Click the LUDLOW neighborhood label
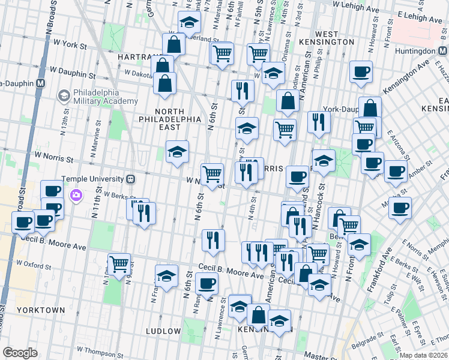pyautogui.click(x=163, y=331)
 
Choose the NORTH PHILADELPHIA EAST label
pyautogui.click(x=177, y=119)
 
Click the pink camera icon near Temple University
pyautogui.click(x=77, y=195)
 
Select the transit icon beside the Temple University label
pyautogui.click(x=130, y=179)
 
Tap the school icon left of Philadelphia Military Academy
pyautogui.click(x=64, y=95)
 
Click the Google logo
pyautogui.click(x=20, y=353)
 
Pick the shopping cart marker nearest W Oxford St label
pyautogui.click(x=119, y=263)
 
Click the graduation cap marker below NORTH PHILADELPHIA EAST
pyautogui.click(x=177, y=152)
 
